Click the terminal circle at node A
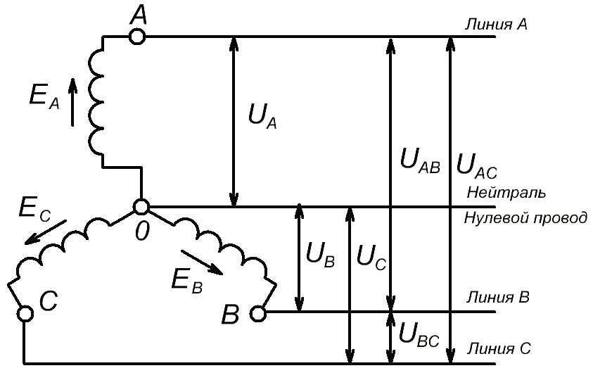pyautogui.click(x=138, y=36)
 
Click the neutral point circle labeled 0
pyautogui.click(x=141, y=206)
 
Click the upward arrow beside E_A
pyautogui.click(x=72, y=101)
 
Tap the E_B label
pyautogui.click(x=186, y=281)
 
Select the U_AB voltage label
pyautogui.click(x=419, y=161)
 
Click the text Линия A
pyautogui.click(x=496, y=25)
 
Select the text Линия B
pyautogui.click(x=497, y=296)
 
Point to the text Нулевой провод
pyautogui.click(x=525, y=218)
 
